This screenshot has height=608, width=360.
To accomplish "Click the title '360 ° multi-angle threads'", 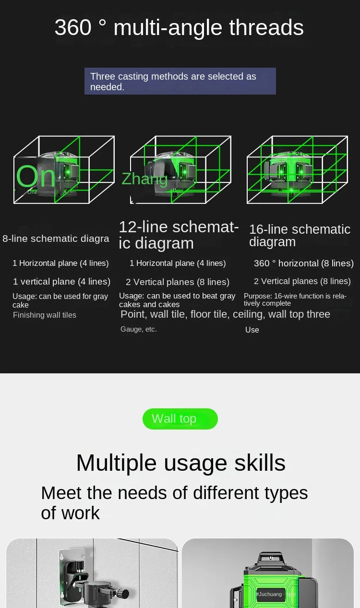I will [x=179, y=27].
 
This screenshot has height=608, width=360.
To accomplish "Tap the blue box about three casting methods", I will [x=180, y=81].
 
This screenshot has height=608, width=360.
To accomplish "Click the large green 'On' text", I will [x=36, y=176].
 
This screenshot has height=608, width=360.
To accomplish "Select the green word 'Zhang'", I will [x=144, y=179].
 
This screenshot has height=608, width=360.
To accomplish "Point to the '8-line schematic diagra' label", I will [x=56, y=238].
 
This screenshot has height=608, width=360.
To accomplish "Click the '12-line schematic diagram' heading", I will [x=179, y=235].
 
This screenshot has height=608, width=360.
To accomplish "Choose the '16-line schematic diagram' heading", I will [x=300, y=235].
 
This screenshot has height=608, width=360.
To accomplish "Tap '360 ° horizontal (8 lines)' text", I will [x=303, y=263].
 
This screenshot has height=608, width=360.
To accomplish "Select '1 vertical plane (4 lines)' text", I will [x=61, y=281].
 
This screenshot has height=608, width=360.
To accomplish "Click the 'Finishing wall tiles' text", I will [x=45, y=315].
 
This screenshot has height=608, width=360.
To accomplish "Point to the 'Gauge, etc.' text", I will [x=139, y=329].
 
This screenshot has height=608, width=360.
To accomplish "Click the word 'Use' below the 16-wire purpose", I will [x=252, y=330].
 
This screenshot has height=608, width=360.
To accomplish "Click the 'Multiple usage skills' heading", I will [x=180, y=463].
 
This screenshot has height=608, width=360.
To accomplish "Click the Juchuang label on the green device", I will [x=275, y=594].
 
